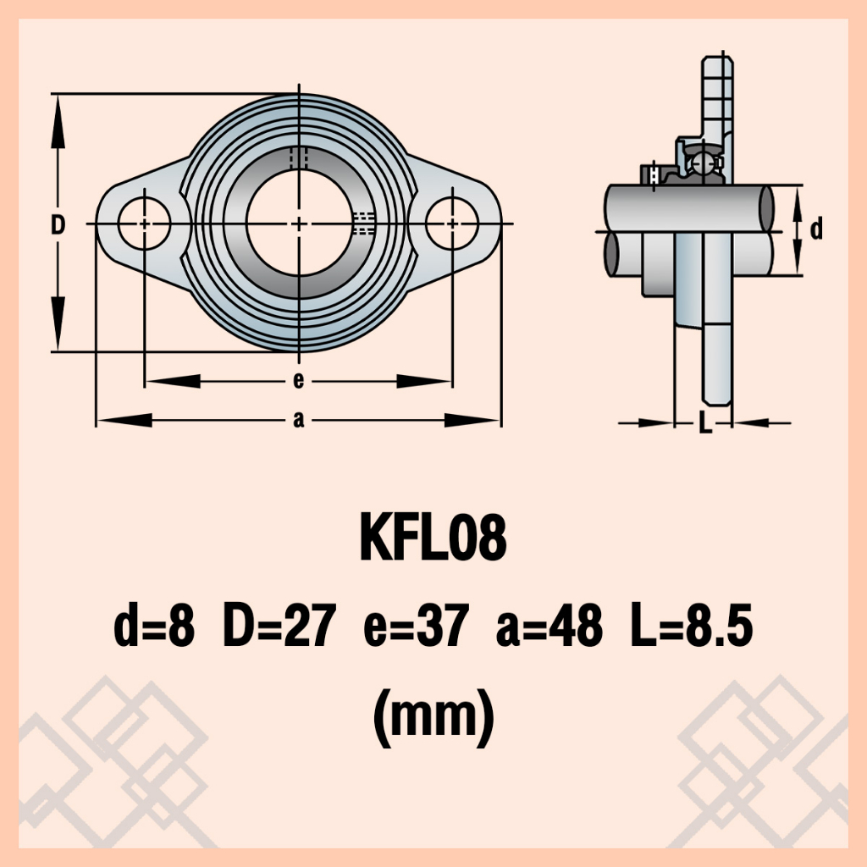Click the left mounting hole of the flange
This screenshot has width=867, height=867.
point(144,224)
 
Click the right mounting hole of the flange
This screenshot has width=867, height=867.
point(452,224)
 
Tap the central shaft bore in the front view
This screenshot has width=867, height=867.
point(299,224)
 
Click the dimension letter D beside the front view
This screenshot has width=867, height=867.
point(58,225)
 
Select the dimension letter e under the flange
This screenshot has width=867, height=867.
point(299,380)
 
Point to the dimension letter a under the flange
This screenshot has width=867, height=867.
point(299,420)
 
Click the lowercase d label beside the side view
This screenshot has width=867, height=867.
point(816,228)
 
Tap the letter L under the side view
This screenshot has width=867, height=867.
point(705,423)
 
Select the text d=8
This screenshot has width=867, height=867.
point(154,626)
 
